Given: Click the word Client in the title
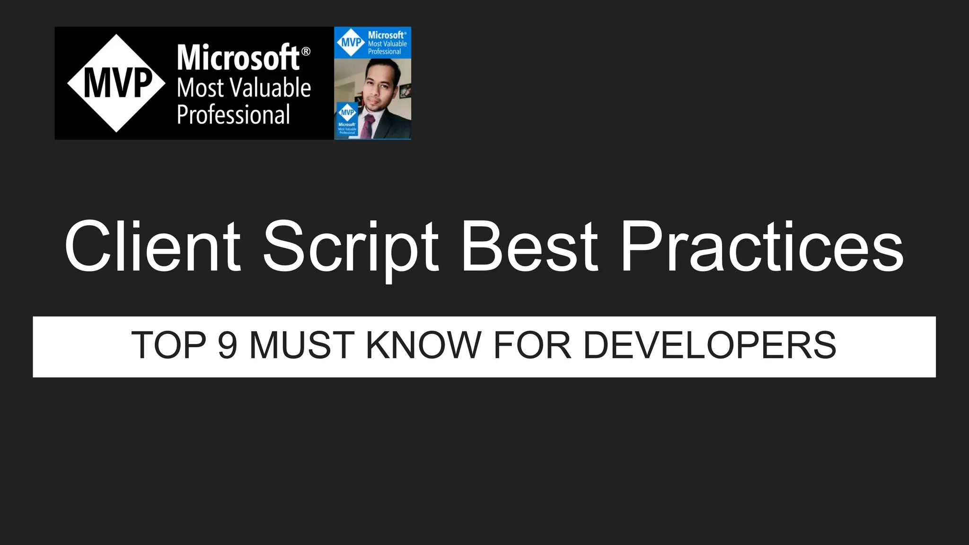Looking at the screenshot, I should [x=152, y=247].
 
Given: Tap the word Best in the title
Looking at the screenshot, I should [x=529, y=247].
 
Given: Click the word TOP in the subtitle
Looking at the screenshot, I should [x=168, y=345].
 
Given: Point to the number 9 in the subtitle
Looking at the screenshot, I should [x=227, y=345].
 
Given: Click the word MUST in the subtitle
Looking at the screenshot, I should [x=301, y=345].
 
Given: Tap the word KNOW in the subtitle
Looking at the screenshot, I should [x=423, y=345].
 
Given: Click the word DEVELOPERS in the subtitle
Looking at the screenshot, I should [x=710, y=345].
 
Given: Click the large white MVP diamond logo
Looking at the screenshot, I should [x=116, y=83].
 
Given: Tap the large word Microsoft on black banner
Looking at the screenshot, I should [x=238, y=58].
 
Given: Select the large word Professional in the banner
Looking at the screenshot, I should [x=233, y=115].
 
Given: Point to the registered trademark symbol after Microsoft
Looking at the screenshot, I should [x=306, y=51].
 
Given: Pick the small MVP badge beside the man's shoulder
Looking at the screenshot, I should [x=347, y=118].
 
